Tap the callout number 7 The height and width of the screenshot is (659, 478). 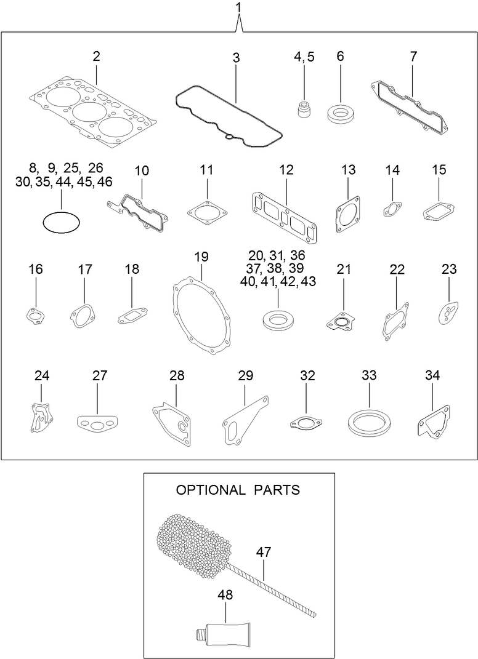click(413, 57)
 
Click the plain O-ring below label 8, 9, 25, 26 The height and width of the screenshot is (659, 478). click(62, 223)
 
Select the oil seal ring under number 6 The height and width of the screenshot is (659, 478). click(339, 113)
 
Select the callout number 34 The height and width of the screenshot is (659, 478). click(432, 375)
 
